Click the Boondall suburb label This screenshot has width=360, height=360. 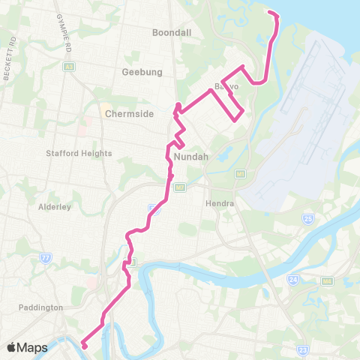[172, 34]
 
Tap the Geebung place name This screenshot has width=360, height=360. [138, 73]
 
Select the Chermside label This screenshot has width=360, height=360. [129, 114]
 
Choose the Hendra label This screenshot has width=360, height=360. [220, 203]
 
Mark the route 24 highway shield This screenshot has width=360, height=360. [292, 280]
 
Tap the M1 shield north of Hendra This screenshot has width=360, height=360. [241, 173]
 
